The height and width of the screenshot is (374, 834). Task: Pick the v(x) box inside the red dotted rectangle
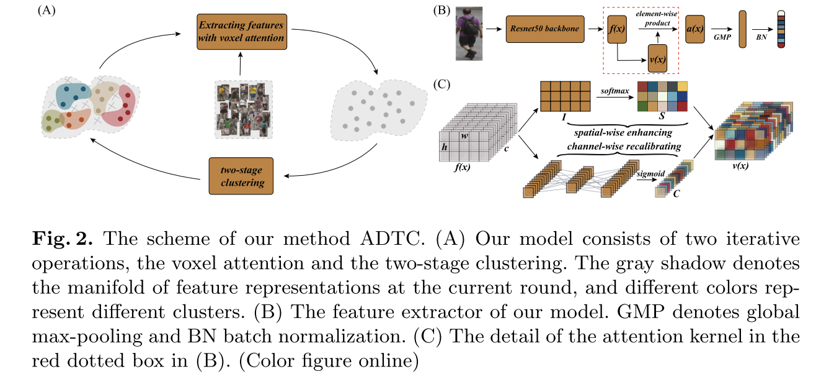pyautogui.click(x=657, y=58)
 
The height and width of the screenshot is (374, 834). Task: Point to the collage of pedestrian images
pyautogui.click(x=242, y=109)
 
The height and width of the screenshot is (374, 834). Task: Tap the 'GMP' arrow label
pyautogui.click(x=721, y=37)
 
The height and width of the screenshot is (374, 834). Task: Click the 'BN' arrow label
pyautogui.click(x=760, y=37)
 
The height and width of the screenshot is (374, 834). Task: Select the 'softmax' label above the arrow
pyautogui.click(x=614, y=91)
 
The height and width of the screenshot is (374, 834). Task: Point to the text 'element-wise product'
pyautogui.click(x=656, y=18)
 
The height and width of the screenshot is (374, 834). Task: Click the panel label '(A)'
pyautogui.click(x=46, y=10)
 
